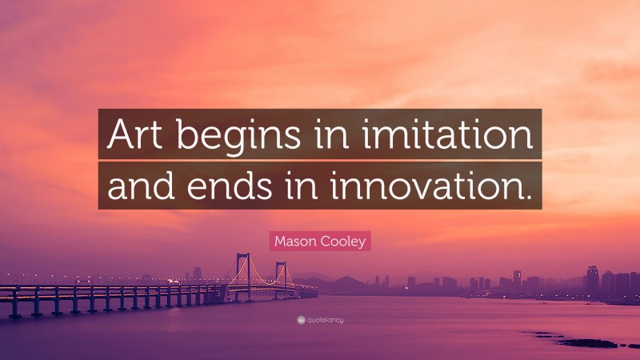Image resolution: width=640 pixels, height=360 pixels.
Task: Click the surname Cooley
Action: (342, 240)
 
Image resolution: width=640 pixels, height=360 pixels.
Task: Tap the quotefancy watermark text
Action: (326, 320)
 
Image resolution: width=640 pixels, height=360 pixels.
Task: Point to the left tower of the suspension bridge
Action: (242, 270)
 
